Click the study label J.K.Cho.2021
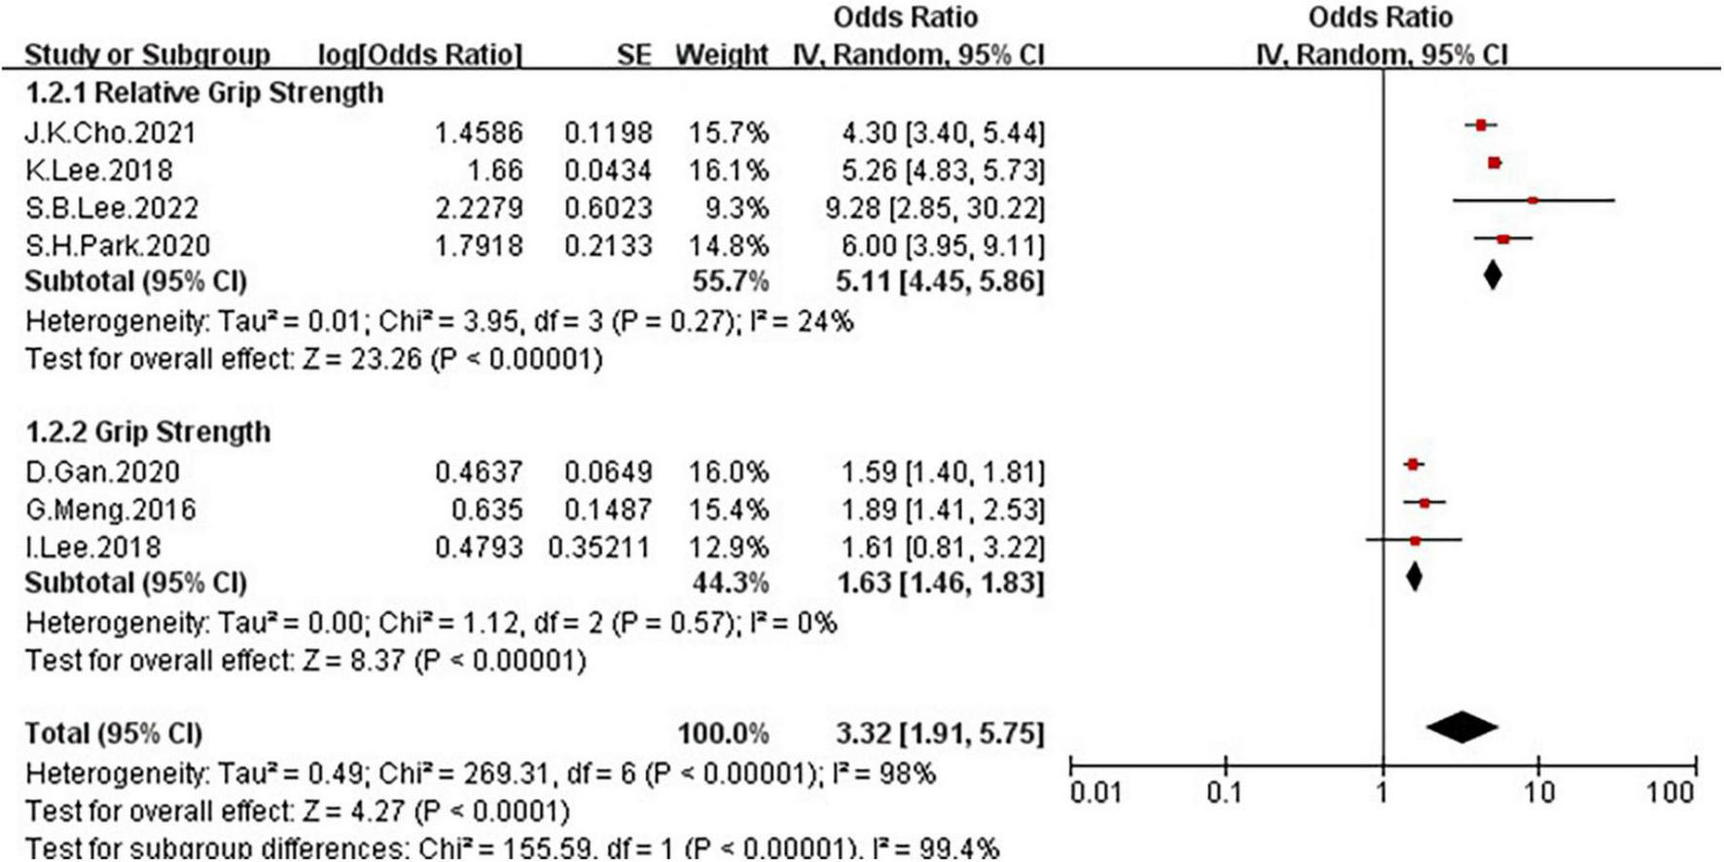(110, 132)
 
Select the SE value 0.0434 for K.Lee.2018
(608, 170)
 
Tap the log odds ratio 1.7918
(479, 245)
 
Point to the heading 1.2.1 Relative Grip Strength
(204, 93)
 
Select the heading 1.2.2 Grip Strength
(148, 432)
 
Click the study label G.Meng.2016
(110, 509)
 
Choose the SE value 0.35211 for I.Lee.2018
(599, 547)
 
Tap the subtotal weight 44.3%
(730, 583)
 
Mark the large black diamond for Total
(1462, 727)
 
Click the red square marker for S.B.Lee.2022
(1532, 200)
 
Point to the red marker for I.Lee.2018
(1415, 540)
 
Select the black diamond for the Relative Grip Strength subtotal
(1492, 275)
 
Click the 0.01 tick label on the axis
(1095, 793)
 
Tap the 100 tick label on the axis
(1670, 793)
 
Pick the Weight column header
(722, 54)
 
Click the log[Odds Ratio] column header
(420, 54)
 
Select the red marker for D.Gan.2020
(1413, 465)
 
